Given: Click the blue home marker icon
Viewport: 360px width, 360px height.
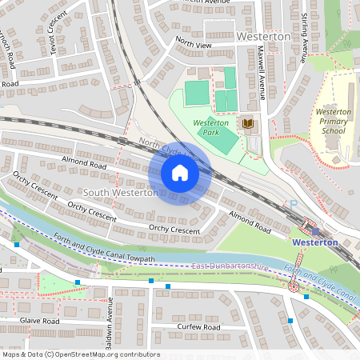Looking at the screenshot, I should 180,173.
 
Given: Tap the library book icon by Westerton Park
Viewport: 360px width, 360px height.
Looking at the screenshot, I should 247,123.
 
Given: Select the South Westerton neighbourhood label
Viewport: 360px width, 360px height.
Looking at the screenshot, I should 120,193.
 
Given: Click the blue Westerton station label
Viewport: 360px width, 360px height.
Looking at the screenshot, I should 315,242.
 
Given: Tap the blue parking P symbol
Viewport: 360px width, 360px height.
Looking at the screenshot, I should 294,205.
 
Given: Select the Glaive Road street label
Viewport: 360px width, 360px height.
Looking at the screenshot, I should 40,320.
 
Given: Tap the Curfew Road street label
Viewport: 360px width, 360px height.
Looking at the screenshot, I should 199,327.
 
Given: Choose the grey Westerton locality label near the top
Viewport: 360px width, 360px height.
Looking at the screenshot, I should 264,37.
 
